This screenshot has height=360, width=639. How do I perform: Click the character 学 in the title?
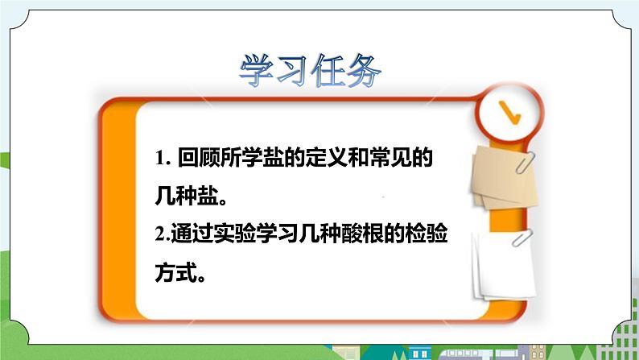pos(258,72)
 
